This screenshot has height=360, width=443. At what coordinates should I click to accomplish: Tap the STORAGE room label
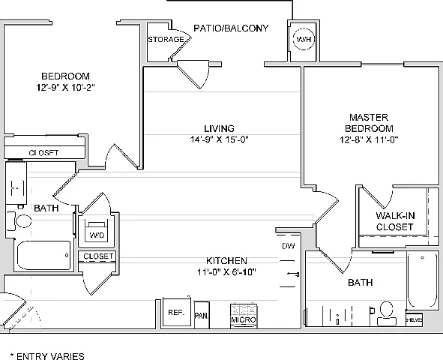[x=166, y=39]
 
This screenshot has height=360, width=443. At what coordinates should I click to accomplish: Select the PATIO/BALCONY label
[x=231, y=28]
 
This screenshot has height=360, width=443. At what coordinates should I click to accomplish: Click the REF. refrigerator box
[x=177, y=312]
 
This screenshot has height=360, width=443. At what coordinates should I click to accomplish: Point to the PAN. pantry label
[x=202, y=316]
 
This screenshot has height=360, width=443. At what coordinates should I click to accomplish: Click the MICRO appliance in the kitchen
[x=244, y=316]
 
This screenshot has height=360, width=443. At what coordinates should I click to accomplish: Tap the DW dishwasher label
[x=288, y=246]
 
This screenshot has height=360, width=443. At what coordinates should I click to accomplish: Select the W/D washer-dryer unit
[x=97, y=230]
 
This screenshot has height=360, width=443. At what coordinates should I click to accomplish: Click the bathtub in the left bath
[x=43, y=256]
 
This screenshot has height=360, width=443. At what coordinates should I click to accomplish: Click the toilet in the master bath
[x=386, y=313]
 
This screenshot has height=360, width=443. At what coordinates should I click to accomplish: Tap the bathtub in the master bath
[x=422, y=280]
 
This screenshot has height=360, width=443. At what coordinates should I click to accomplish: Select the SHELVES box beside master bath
[x=415, y=319]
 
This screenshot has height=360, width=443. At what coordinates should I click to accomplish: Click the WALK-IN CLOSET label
[x=395, y=221]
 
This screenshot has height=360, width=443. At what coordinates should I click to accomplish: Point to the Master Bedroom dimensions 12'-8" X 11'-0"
[x=369, y=139]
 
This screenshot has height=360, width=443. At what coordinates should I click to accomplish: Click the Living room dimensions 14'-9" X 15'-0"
[x=219, y=139]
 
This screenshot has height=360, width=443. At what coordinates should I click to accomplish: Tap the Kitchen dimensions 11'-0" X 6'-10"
[x=226, y=271]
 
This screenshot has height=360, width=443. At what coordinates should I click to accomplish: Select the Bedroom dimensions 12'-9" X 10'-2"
[x=65, y=87]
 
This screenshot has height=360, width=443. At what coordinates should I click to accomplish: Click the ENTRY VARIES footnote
[x=47, y=356]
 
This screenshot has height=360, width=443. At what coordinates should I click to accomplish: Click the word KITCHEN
[x=226, y=260]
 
